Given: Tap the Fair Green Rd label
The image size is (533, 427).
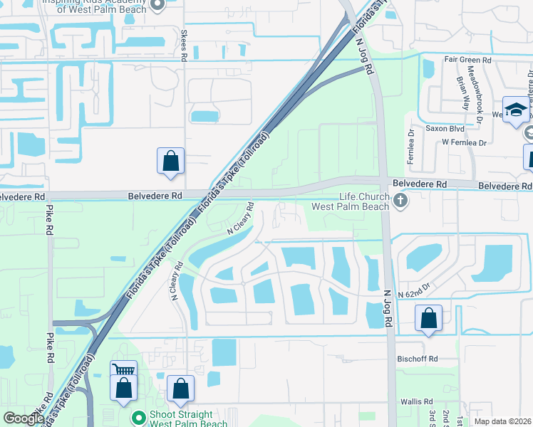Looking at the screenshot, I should [x=467, y=60].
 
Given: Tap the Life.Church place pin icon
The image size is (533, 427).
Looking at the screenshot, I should [x=400, y=201].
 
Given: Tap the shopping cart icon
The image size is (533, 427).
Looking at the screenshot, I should [x=124, y=371].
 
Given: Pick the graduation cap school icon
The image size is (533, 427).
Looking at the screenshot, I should [x=515, y=110].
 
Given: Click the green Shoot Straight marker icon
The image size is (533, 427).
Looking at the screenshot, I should [x=138, y=415].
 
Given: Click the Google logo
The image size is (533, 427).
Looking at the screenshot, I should [x=24, y=419].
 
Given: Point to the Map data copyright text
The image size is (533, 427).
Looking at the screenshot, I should [x=502, y=421].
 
